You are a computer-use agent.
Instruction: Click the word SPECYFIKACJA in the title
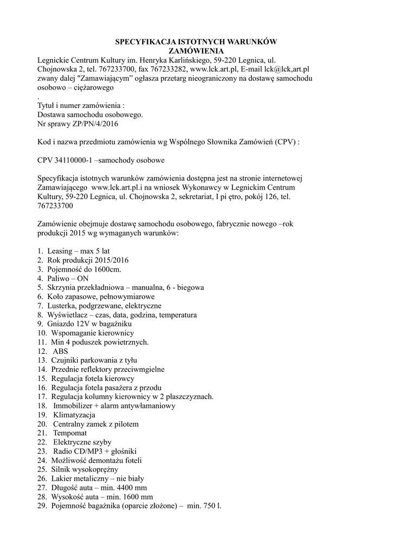pyautogui.click(x=143, y=42)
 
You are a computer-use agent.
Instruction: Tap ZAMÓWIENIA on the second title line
pyautogui.click(x=196, y=51)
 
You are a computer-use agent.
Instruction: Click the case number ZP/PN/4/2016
pyautogui.click(x=90, y=124)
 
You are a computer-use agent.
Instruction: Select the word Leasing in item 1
pyautogui.click(x=59, y=251)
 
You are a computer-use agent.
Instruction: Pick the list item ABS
pyautogui.click(x=60, y=351)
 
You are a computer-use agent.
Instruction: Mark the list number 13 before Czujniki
pyautogui.click(x=42, y=360)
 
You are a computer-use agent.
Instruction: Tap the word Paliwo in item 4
pyautogui.click(x=58, y=279)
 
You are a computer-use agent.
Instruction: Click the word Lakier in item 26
pyautogui.click(x=62, y=479)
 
